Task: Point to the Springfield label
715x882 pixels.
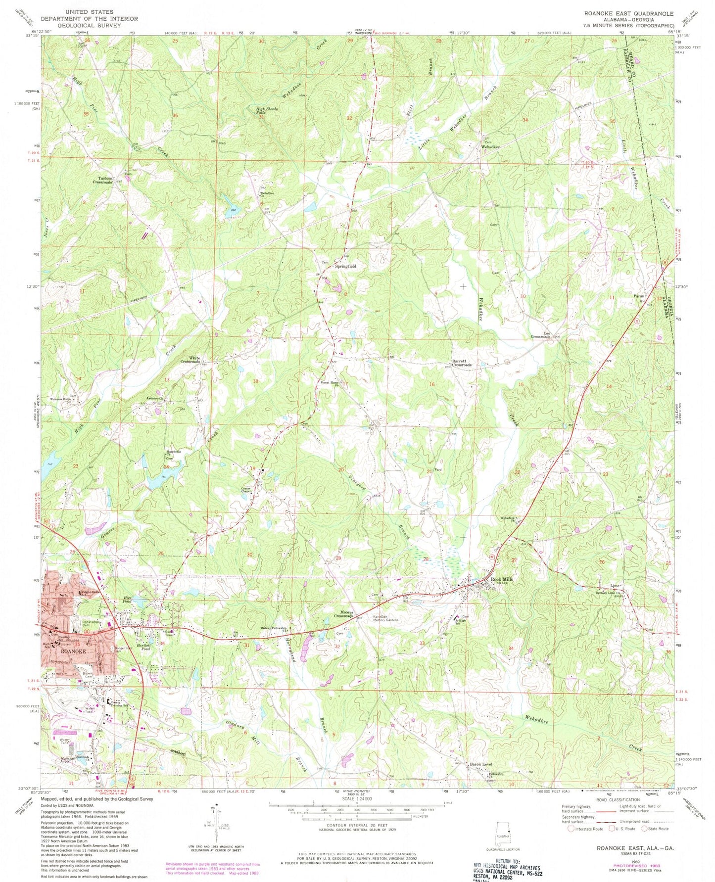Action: [346, 266]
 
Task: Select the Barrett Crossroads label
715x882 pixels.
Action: [461, 363]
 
